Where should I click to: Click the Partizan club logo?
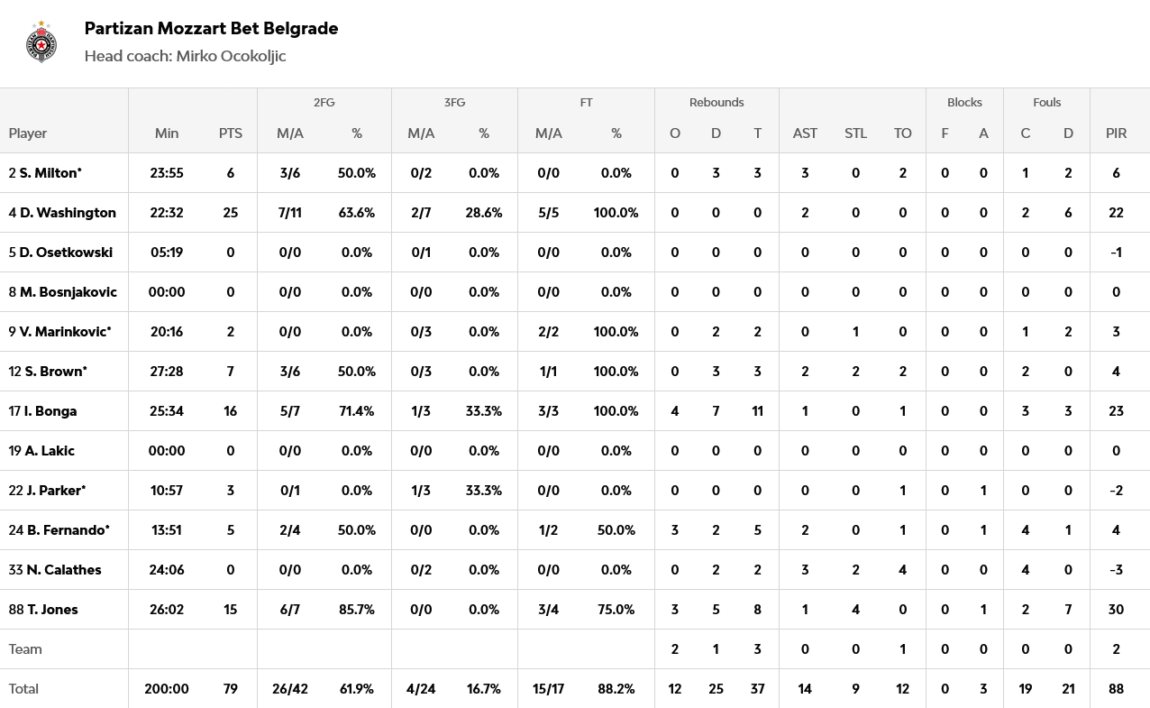click(41, 41)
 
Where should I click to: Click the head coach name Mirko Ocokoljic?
click(231, 56)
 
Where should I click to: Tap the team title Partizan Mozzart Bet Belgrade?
click(211, 28)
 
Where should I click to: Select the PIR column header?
click(1116, 133)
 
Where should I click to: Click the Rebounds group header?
click(716, 102)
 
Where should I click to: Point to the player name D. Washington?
click(68, 213)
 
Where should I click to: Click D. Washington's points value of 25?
click(230, 213)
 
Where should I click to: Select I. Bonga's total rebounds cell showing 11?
click(757, 411)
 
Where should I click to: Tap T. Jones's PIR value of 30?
click(1116, 610)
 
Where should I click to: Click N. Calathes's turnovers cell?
click(902, 570)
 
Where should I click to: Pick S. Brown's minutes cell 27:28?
click(167, 372)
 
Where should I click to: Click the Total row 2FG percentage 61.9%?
click(357, 689)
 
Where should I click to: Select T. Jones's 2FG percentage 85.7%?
click(357, 610)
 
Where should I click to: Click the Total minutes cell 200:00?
click(167, 689)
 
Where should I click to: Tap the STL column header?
click(855, 133)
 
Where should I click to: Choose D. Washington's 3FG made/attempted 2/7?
click(421, 213)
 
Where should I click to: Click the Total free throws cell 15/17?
click(548, 689)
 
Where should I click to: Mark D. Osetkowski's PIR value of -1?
click(1116, 253)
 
